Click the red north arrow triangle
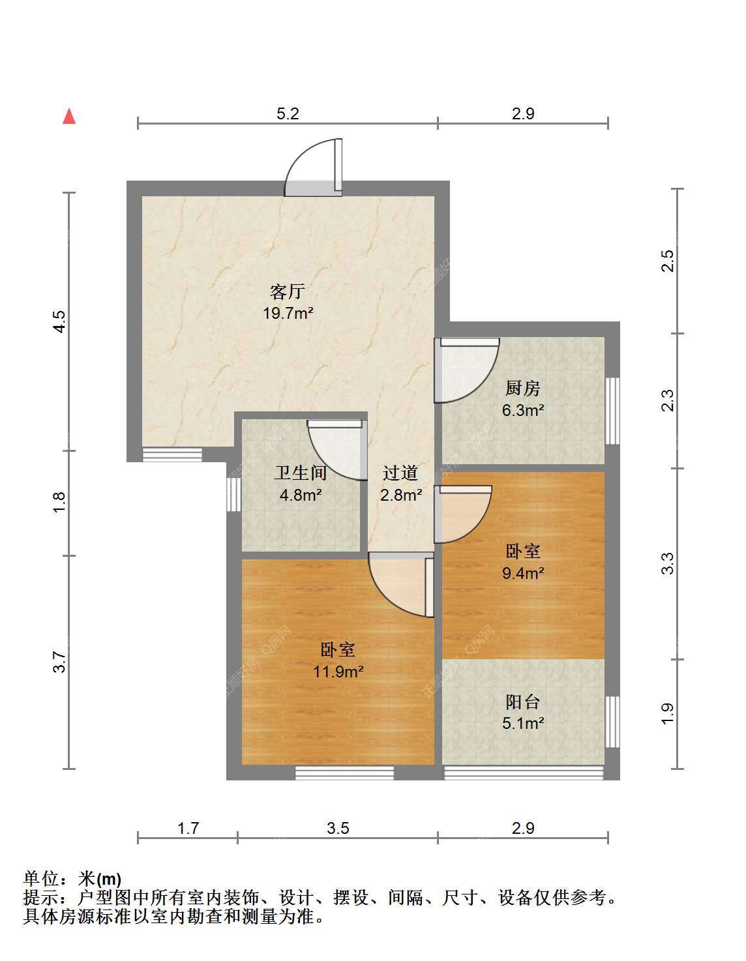tap(69, 116)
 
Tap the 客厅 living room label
tap(288, 292)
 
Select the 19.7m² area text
tap(288, 314)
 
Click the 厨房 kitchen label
tap(523, 389)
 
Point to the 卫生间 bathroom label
tap(300, 473)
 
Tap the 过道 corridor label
tap(400, 473)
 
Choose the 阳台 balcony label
tap(523, 702)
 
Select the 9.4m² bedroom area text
tap(523, 573)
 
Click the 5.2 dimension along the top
tap(288, 114)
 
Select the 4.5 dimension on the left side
tap(60, 321)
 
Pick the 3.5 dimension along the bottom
tap(338, 828)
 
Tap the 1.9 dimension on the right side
tap(668, 713)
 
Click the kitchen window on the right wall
tap(612, 410)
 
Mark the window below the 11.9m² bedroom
tap(344, 773)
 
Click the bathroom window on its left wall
tap(233, 494)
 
